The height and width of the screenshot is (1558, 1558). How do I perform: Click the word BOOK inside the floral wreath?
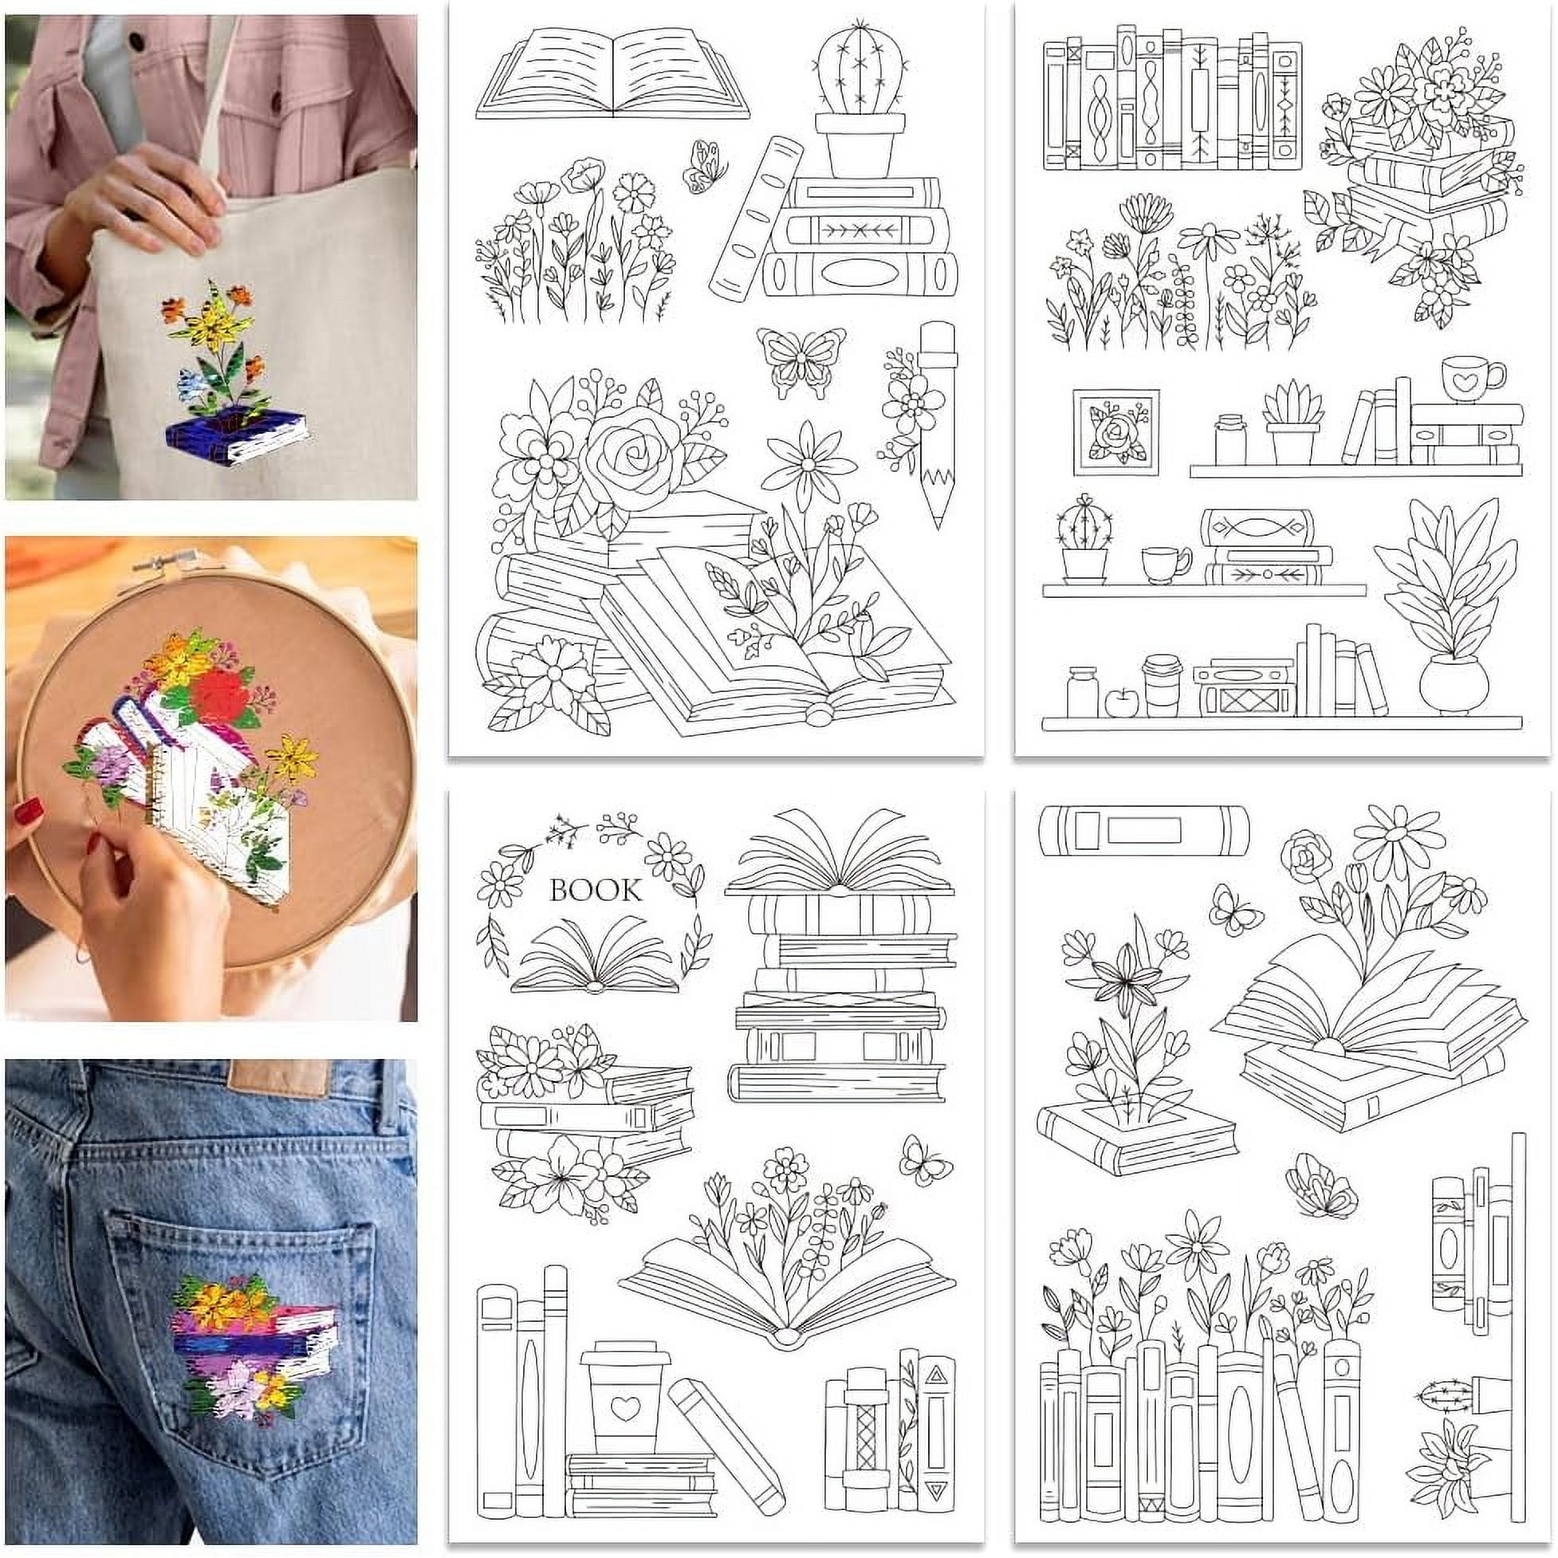(x=595, y=891)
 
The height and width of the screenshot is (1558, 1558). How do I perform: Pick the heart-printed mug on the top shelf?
(x=1473, y=378)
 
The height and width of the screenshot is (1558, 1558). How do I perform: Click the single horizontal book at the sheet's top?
(x=1143, y=831)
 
